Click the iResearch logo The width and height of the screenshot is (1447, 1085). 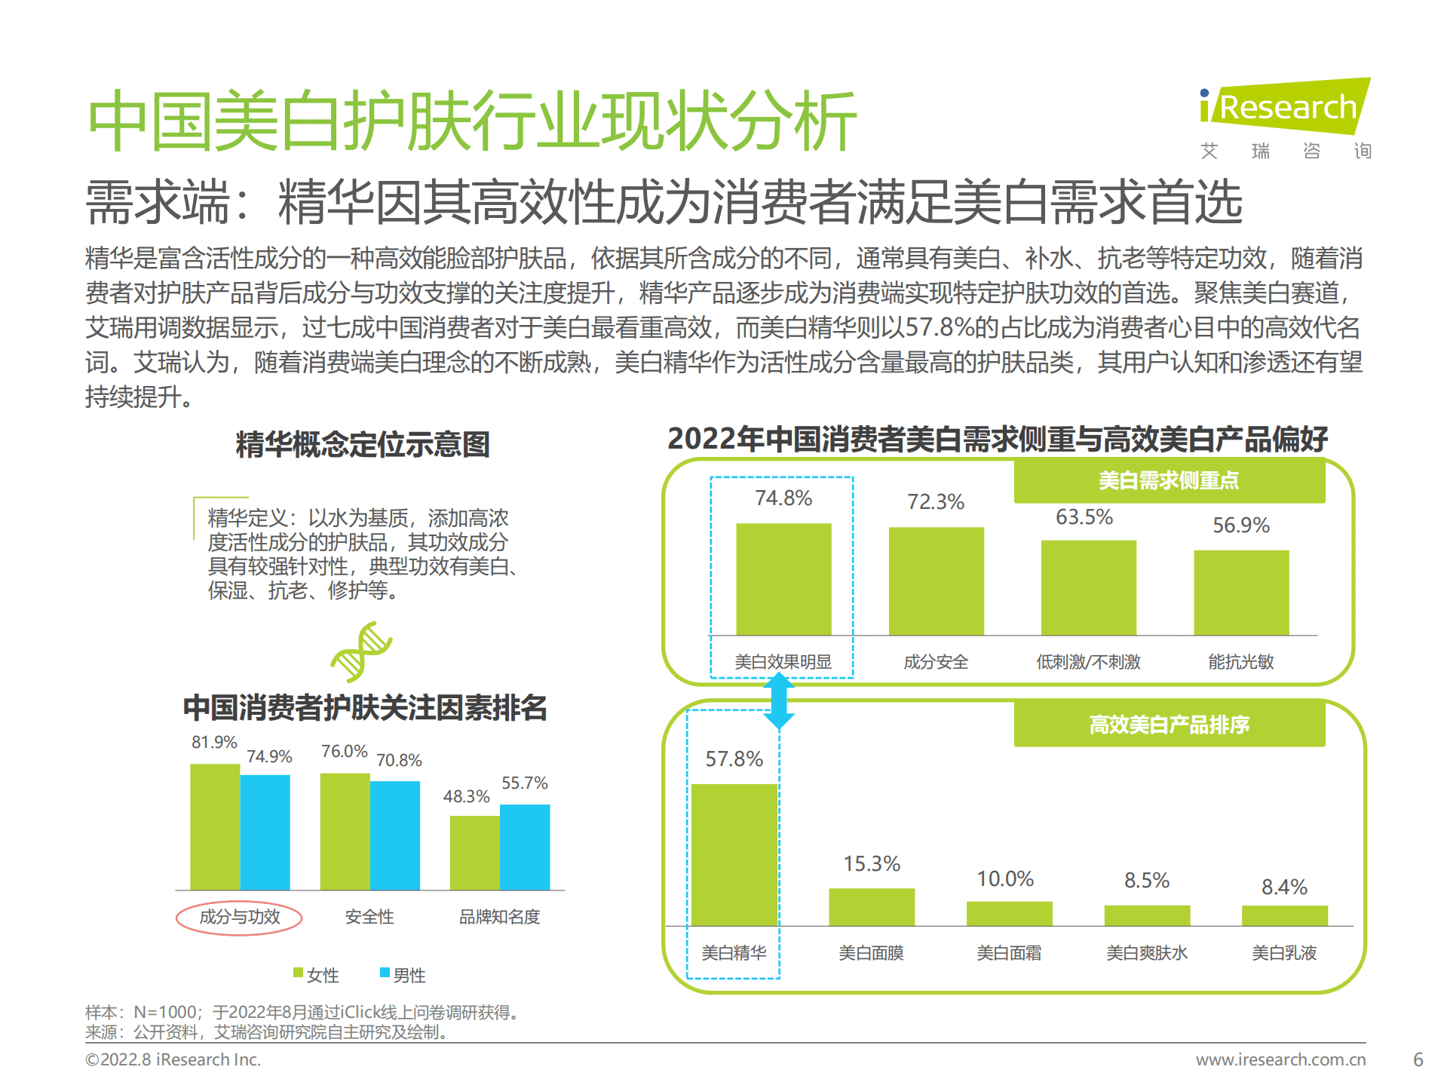coord(1284,108)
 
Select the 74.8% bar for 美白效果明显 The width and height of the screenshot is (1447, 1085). coord(783,579)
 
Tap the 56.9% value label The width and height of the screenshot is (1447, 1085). coord(1240,526)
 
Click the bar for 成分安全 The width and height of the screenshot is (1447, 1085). coord(936,581)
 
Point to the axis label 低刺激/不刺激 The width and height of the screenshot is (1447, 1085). coord(1088,662)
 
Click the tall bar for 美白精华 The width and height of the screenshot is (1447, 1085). coord(734,854)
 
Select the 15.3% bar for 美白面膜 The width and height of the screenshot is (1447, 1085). coord(872,907)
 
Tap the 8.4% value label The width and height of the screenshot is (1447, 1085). coord(1284,887)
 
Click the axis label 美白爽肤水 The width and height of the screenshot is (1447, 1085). coord(1146,953)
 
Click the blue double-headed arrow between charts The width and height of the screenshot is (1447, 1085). coord(779,701)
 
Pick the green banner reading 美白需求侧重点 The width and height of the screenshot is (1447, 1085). coord(1169,481)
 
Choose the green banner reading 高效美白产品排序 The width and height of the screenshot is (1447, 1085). coord(1169,725)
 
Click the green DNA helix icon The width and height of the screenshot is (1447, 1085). coord(361,651)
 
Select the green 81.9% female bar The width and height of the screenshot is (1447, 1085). coord(215,827)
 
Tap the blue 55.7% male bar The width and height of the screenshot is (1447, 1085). coord(525,847)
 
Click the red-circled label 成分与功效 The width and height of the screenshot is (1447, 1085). coord(239,917)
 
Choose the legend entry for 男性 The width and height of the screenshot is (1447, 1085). coord(403,975)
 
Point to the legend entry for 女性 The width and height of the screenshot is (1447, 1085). coord(316,975)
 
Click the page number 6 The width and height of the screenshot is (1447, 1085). coord(1418,1059)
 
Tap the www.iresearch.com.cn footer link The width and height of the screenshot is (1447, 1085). coord(1280,1059)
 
